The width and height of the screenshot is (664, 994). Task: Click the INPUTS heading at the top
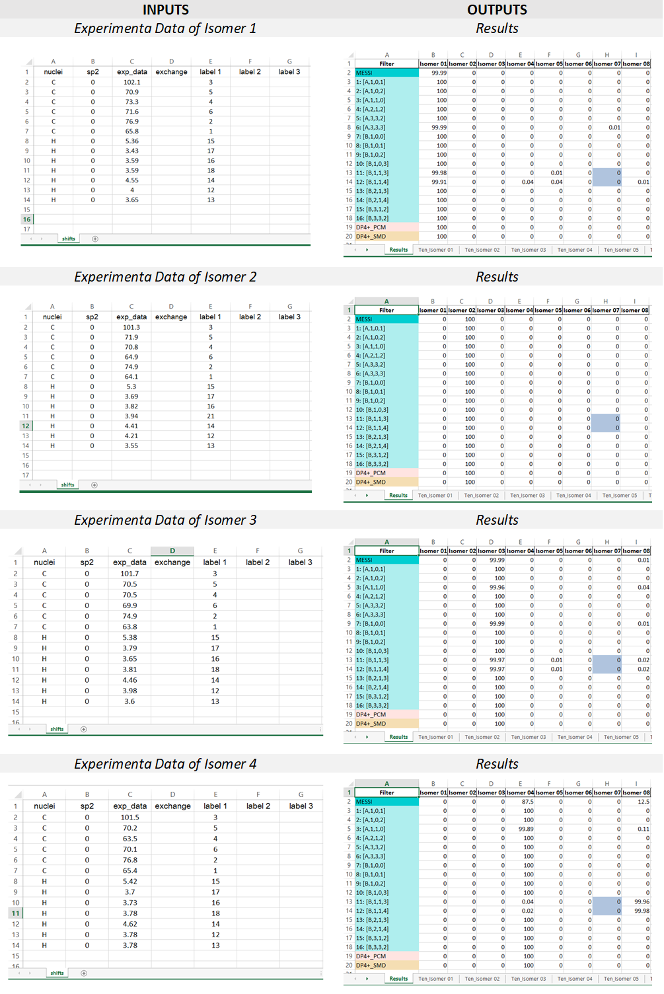[x=165, y=9]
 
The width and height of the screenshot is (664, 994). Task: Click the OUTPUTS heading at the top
[x=497, y=9]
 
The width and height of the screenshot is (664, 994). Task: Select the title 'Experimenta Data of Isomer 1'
[x=165, y=28]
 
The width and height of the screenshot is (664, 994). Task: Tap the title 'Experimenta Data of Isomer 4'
[x=165, y=764]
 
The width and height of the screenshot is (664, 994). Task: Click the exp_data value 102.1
[x=132, y=82]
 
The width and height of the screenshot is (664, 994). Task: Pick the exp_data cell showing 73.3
[x=132, y=102]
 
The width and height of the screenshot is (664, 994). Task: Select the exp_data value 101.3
[x=131, y=327]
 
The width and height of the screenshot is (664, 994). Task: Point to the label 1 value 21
[x=211, y=416]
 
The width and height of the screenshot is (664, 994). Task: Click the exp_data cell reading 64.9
[x=131, y=357]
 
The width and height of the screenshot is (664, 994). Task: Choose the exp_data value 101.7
[x=129, y=574]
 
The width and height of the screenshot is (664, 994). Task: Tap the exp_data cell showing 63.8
[x=129, y=627]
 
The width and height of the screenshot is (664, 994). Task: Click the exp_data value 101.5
[x=130, y=818]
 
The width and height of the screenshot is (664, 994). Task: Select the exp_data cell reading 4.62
[x=130, y=924]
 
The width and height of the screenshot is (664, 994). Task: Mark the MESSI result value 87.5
[x=527, y=802]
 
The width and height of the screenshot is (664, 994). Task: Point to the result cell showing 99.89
[x=526, y=829]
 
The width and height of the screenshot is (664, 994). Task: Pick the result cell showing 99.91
[x=439, y=182]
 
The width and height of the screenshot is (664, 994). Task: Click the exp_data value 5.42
[x=130, y=881]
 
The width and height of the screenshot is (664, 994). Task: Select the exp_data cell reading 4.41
[x=131, y=426]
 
